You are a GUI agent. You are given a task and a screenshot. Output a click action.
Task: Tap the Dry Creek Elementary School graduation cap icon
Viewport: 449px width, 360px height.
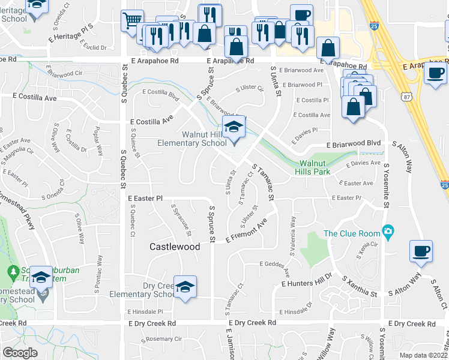tap(185, 286)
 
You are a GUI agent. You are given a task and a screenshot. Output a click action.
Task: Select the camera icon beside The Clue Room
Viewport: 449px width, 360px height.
tap(388, 231)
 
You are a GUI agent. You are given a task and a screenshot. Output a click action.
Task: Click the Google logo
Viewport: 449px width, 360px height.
tap(20, 353)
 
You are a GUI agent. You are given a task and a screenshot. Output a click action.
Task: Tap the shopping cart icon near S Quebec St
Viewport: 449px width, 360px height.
tap(133, 21)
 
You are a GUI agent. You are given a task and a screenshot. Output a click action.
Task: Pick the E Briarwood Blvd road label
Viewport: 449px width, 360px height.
tap(354, 144)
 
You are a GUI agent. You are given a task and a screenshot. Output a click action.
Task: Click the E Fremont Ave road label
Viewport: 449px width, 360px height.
tap(246, 233)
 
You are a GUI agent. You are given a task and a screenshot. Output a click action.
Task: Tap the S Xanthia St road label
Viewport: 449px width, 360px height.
tap(359, 287)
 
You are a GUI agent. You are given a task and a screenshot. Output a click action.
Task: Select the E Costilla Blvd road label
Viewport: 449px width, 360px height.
tap(161, 95)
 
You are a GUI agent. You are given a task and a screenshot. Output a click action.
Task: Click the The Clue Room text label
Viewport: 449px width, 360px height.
tap(352, 233)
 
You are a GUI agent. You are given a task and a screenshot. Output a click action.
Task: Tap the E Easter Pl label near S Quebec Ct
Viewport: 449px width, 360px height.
tap(145, 197)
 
